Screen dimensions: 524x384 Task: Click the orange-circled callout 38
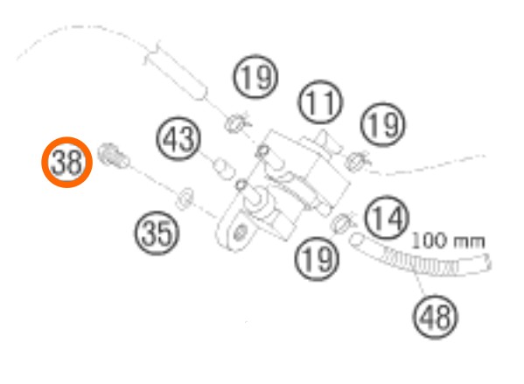(66, 162)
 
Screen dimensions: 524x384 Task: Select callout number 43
(178, 139)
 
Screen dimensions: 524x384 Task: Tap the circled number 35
(157, 233)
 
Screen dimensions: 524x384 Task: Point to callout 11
(320, 102)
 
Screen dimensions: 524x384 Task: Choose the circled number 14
(387, 217)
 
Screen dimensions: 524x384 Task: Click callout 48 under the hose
(435, 317)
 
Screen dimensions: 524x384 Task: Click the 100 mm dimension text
(448, 241)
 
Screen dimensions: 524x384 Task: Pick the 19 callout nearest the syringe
(255, 76)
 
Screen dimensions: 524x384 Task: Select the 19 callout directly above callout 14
(383, 125)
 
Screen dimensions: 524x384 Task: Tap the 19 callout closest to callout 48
(318, 259)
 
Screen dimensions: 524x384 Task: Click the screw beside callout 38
(114, 156)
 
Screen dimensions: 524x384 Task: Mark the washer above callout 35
(185, 199)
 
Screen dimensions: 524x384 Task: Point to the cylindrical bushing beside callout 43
(224, 169)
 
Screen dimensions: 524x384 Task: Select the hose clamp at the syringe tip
(237, 122)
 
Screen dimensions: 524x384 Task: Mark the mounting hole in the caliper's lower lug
(239, 233)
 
